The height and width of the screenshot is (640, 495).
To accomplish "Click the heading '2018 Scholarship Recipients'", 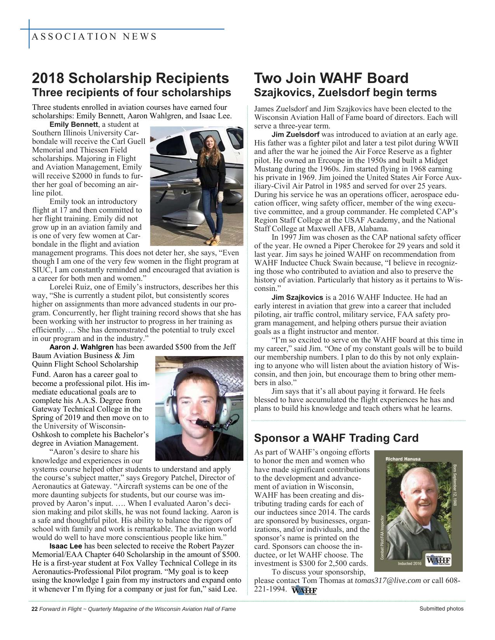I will [x=130, y=78].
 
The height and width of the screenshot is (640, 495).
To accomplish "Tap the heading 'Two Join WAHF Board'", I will [x=331, y=78].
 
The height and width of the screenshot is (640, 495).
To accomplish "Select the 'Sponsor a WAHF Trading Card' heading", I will [x=336, y=438].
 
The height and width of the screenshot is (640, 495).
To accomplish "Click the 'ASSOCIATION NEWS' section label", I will [x=94, y=36].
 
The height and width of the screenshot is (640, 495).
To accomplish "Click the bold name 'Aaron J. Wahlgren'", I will [x=82, y=347].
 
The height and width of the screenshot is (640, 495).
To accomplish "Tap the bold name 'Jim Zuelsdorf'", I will [x=295, y=135].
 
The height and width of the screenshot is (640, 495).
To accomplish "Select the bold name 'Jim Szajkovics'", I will [x=297, y=298].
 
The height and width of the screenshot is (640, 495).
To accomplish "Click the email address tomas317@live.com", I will [x=388, y=581].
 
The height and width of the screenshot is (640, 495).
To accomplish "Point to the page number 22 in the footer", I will [x=34, y=609].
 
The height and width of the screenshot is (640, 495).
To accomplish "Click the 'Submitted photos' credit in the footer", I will [x=441, y=609].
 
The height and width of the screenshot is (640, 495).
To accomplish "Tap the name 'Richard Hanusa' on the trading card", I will [x=403, y=459].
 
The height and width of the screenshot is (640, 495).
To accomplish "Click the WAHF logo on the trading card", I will [x=438, y=560].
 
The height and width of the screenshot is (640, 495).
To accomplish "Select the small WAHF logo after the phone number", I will [x=303, y=590].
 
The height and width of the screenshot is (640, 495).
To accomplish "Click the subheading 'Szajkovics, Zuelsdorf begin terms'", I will [x=345, y=93].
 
